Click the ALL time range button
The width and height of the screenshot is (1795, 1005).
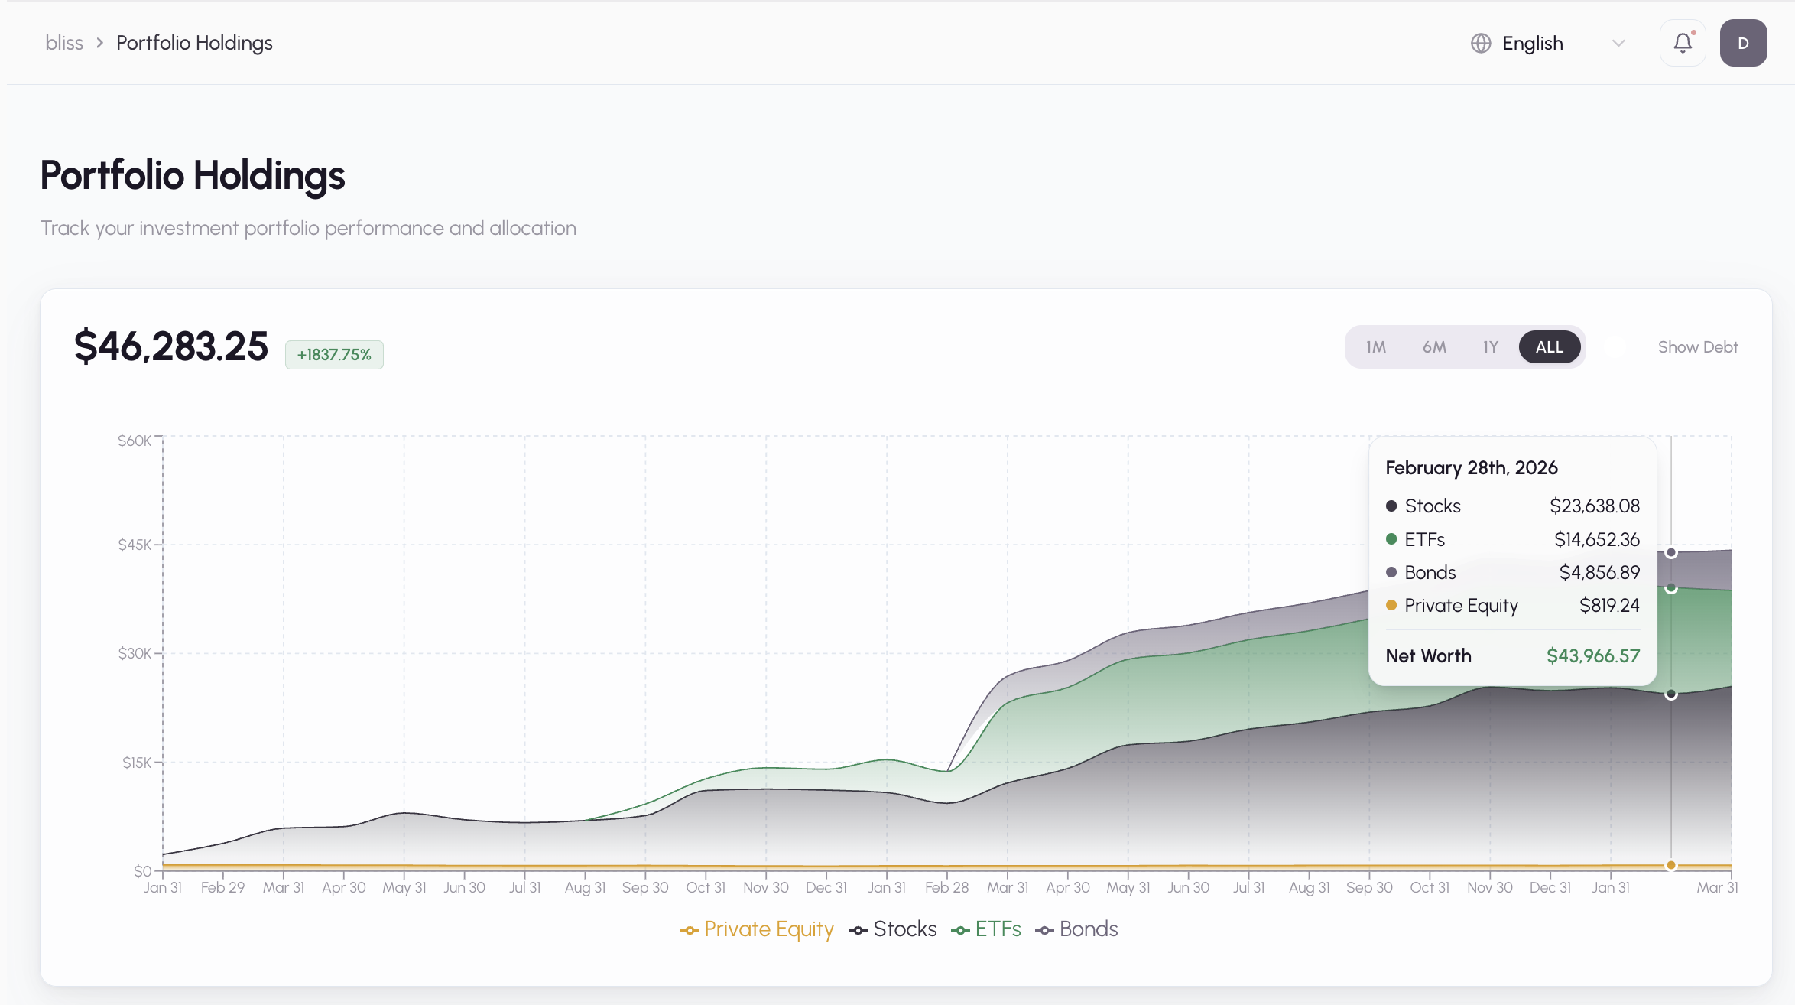1549,347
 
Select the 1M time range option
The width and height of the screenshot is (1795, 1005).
1375,347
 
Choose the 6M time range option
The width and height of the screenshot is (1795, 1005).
1434,347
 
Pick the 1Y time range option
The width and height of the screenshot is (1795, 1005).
1490,347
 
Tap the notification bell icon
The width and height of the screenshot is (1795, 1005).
1683,43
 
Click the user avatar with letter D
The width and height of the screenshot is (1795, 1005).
1743,43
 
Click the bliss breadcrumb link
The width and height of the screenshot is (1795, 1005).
64,43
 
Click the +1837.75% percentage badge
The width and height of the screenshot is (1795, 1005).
334,355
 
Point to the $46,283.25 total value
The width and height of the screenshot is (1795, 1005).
171,346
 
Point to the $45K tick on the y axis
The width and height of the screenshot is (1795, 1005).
135,545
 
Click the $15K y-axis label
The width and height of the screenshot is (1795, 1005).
137,763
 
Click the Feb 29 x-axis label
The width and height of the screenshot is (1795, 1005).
222,887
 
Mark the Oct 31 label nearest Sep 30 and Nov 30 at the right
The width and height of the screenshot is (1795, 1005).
1430,887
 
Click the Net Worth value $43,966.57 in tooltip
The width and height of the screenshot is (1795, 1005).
1593,655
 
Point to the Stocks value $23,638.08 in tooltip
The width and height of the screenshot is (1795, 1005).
1595,506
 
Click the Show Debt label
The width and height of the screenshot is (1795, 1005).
1698,347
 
